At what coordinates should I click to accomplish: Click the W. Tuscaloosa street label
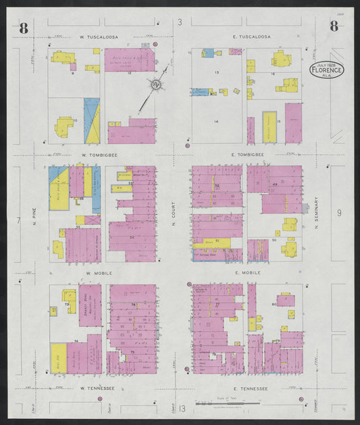click(99, 36)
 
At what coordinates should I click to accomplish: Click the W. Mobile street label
click(98, 273)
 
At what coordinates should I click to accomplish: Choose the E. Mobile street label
click(247, 273)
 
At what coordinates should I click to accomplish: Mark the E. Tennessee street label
click(251, 389)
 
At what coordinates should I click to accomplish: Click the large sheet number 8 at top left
click(24, 28)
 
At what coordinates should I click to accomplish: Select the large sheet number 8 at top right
click(334, 26)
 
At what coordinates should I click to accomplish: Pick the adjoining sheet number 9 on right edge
click(339, 214)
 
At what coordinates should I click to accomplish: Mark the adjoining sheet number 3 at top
click(180, 23)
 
